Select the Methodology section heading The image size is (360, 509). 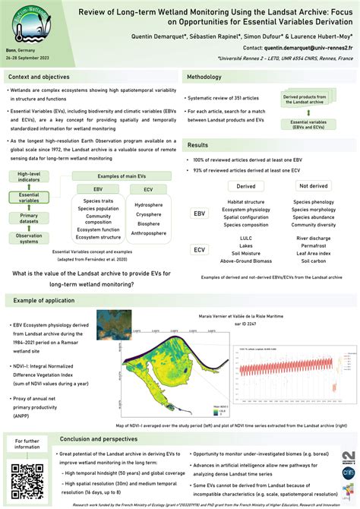click(204, 77)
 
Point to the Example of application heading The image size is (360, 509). click(46, 302)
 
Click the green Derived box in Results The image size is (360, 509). click(245, 185)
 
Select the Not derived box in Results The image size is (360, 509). click(314, 185)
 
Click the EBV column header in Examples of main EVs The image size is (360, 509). click(98, 188)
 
